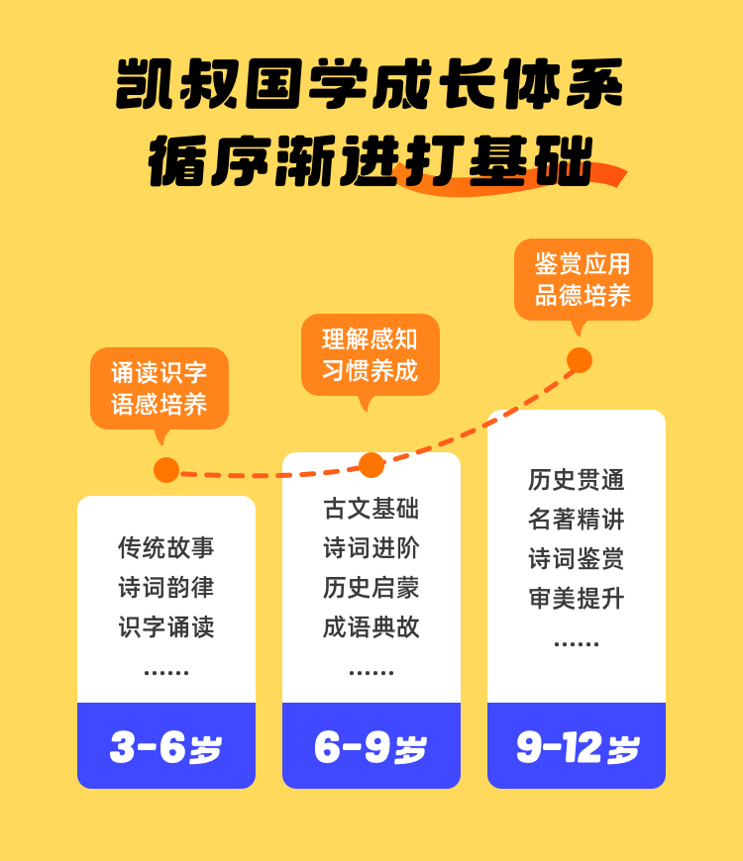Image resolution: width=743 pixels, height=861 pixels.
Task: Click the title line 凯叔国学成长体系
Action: (371, 84)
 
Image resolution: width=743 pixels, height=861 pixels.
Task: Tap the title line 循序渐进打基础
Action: (371, 159)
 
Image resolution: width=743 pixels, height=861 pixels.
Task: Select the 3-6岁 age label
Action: (166, 747)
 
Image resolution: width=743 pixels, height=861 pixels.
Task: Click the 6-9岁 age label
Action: (371, 747)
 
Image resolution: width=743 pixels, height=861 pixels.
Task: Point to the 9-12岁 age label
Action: (577, 747)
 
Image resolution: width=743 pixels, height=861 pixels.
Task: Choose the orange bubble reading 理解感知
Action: (371, 354)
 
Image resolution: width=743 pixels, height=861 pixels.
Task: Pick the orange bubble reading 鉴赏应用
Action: (584, 279)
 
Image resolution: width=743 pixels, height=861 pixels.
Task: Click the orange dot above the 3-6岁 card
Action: (166, 470)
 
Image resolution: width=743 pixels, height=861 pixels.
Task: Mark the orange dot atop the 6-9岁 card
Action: (371, 465)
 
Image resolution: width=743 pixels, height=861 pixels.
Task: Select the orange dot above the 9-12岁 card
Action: (580, 360)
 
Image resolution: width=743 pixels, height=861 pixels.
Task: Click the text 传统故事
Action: (166, 547)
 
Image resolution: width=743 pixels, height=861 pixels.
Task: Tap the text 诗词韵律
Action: (166, 587)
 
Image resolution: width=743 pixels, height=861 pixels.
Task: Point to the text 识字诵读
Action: (166, 626)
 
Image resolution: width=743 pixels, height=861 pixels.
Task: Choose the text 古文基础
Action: (371, 509)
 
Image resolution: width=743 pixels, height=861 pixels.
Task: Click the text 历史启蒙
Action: (371, 587)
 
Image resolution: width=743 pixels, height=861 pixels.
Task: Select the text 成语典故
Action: (371, 626)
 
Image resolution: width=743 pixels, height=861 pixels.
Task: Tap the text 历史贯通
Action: (577, 480)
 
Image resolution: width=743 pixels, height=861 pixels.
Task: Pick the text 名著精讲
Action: (577, 520)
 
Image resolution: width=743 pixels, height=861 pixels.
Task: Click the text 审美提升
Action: (577, 598)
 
